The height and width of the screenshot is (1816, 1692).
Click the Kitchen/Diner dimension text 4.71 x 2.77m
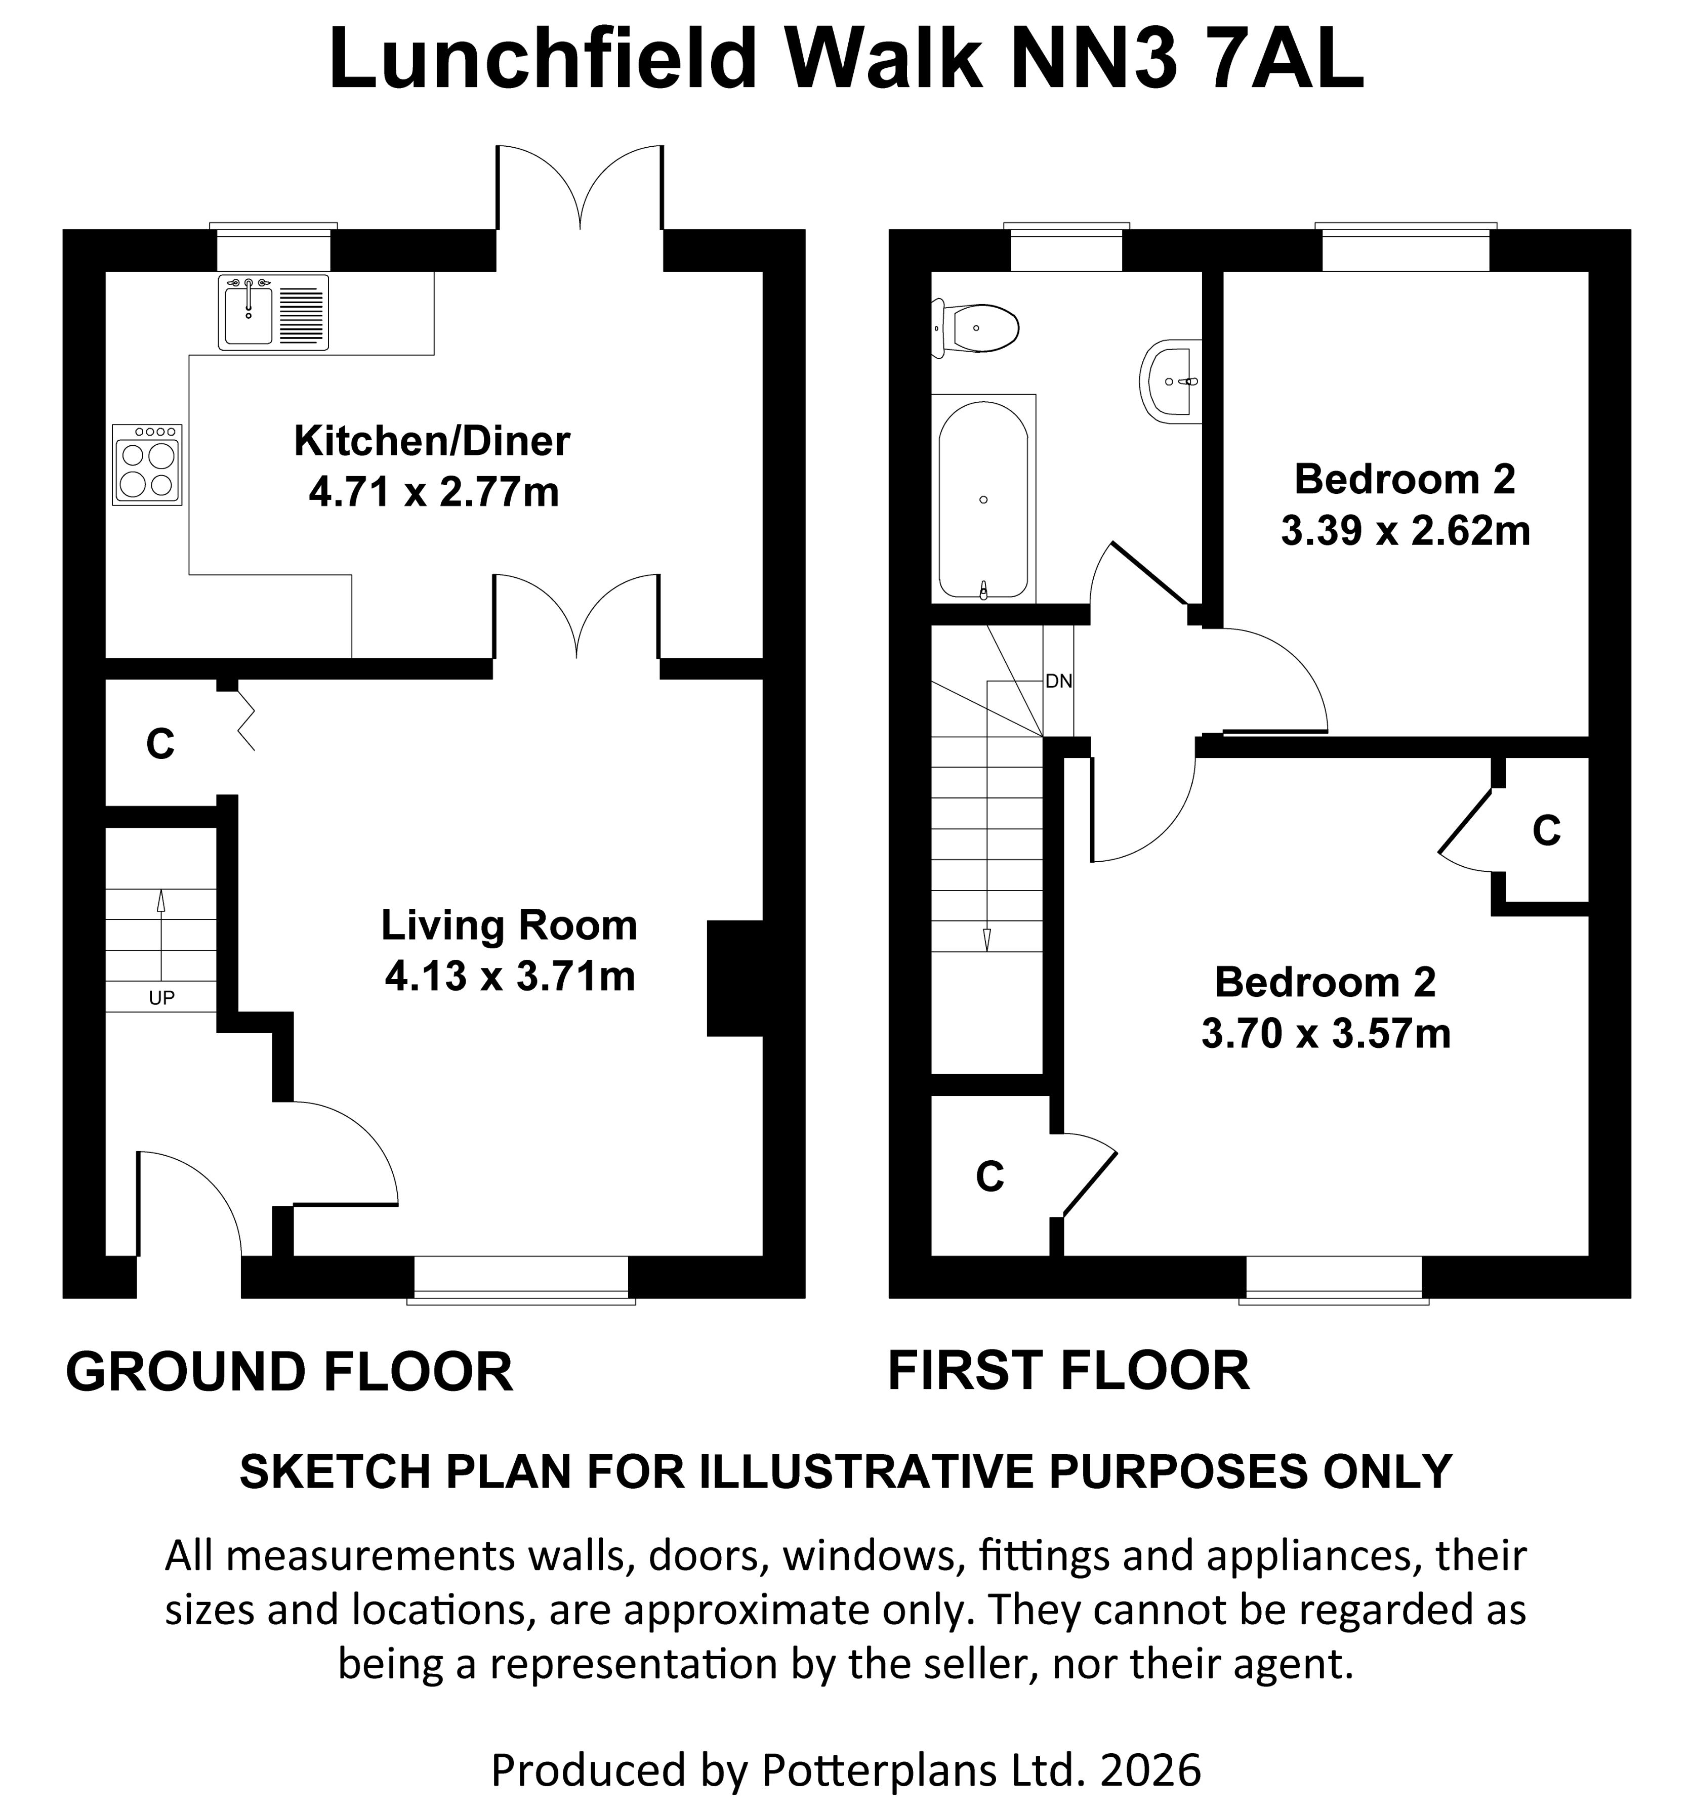tap(433, 493)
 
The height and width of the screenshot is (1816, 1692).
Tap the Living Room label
tap(509, 925)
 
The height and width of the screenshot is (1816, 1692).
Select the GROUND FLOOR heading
tap(288, 1372)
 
